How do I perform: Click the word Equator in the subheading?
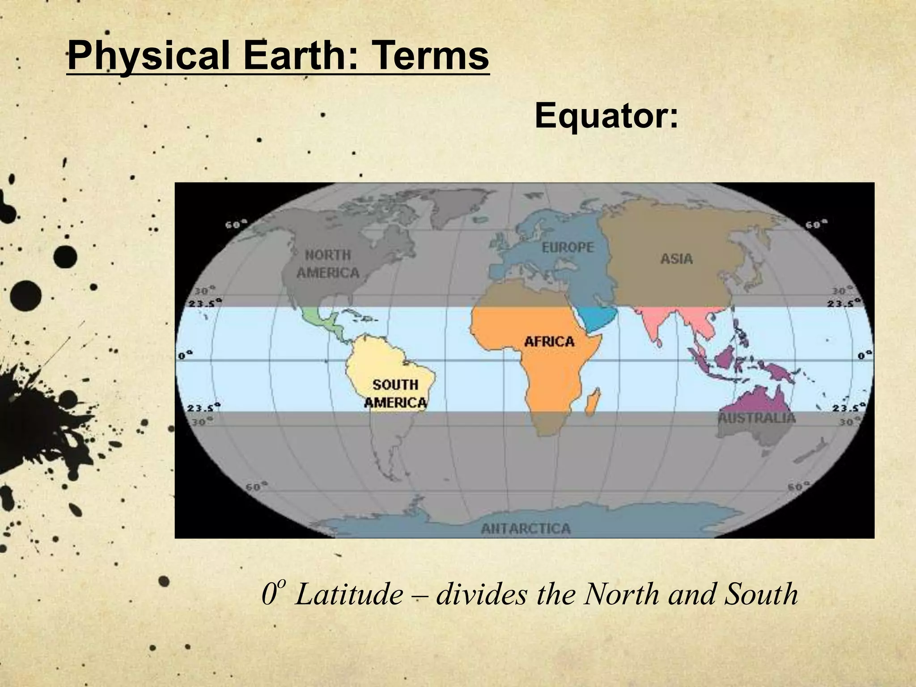pos(606,116)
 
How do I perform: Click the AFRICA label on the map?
pos(549,342)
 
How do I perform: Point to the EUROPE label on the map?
pos(568,247)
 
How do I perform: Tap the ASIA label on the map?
pos(676,259)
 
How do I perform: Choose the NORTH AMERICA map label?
pos(328,264)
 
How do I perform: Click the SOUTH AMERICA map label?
pos(395,394)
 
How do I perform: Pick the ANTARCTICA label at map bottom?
pos(526,529)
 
